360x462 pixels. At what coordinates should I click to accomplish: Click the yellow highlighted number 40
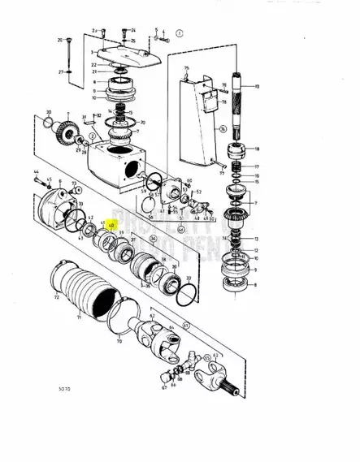113,228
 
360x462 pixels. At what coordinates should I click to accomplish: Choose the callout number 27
60,71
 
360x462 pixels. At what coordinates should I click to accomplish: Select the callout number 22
94,64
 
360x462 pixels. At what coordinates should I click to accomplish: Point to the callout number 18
257,149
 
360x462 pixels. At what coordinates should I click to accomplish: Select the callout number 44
36,171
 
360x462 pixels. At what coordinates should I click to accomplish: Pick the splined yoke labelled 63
219,381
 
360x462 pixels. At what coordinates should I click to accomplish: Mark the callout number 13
257,239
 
